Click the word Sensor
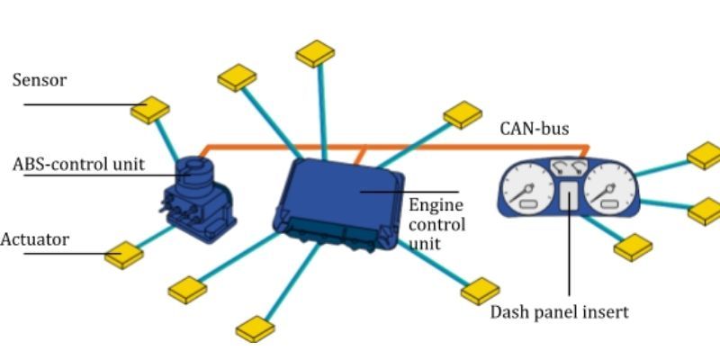pos(40,81)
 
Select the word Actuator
pos(34,239)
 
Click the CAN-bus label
pos(535,129)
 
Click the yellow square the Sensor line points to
pos(150,110)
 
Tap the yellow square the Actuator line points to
pos(124,255)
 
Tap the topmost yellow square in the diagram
pos(315,54)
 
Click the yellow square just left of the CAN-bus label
pos(463,114)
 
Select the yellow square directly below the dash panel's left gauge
pos(633,247)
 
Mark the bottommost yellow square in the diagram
pos(256,328)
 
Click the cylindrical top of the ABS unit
pos(192,166)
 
